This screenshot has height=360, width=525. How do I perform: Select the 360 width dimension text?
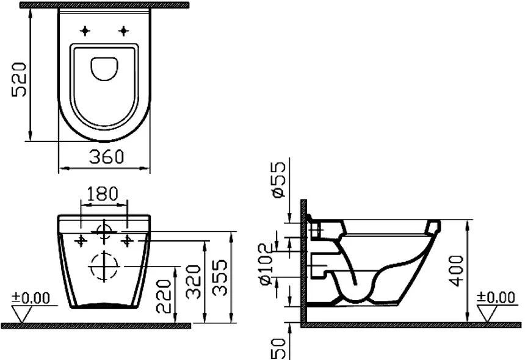[x=107, y=157]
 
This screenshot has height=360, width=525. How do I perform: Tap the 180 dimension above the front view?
[x=104, y=195]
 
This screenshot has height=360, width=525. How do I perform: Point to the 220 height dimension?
[x=164, y=296]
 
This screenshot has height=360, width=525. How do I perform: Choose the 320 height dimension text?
[x=194, y=281]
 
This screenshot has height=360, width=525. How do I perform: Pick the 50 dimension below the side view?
[x=278, y=348]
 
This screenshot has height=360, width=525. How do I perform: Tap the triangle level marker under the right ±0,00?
[x=488, y=313]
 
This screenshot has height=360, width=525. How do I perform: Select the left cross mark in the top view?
[x=85, y=30]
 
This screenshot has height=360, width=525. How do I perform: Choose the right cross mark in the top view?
[x=125, y=30]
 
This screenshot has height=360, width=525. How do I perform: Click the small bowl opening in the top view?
[x=105, y=68]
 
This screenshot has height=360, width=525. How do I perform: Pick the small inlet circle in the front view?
[x=104, y=231]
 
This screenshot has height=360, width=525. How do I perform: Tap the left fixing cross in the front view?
[x=80, y=240]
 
